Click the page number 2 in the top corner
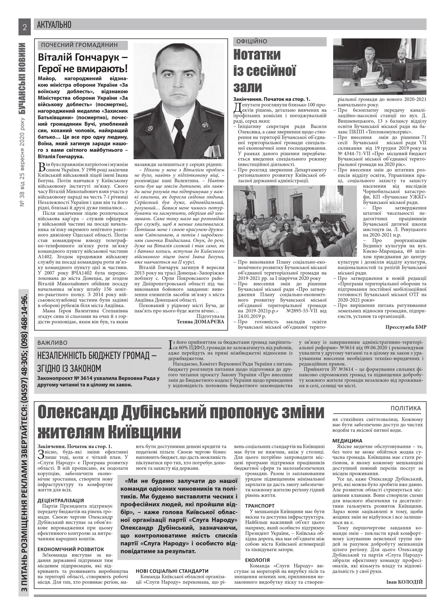(x=25, y=27)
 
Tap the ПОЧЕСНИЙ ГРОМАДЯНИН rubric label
(x=79, y=45)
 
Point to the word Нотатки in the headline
(x=257, y=55)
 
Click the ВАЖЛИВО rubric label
(x=52, y=343)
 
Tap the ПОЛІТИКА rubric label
(x=406, y=408)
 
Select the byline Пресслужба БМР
(x=406, y=327)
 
